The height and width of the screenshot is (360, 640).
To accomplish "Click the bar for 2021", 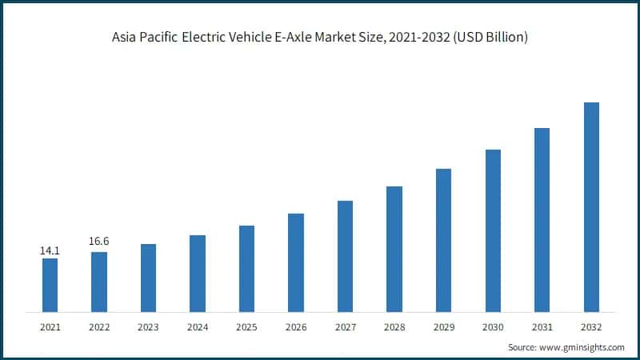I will coord(50,285).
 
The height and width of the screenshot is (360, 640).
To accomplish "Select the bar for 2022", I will coord(99,282).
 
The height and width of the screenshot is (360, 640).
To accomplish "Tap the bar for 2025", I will coord(246,268).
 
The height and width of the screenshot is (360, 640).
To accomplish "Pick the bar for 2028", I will coord(394,249).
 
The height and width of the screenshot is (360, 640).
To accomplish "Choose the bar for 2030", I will coord(493,230).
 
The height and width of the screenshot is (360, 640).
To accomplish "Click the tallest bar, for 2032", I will coord(591,206).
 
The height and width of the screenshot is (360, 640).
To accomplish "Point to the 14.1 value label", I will coord(50,250).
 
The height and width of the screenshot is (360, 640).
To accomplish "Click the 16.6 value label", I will coord(99,240).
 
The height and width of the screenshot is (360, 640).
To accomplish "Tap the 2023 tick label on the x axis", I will coord(148,326).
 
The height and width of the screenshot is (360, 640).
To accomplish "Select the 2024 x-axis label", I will coord(198,326).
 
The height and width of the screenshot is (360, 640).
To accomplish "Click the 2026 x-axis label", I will coord(296,326).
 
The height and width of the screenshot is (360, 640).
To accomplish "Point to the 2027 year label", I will coord(345,326).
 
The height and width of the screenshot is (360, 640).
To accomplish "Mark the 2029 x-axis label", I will coord(443,326).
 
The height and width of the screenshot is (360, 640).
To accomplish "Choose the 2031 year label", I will coord(542,326).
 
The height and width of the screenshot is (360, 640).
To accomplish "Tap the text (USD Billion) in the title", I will coord(488,38).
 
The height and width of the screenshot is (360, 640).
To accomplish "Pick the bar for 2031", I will coord(542,219).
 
